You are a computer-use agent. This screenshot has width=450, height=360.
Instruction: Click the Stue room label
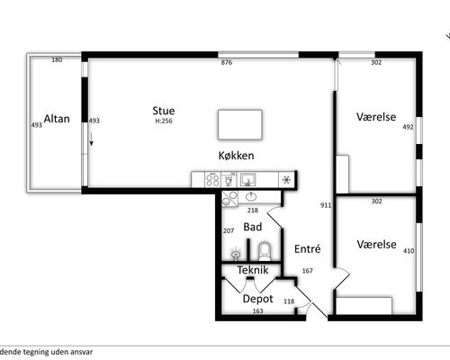[164, 111]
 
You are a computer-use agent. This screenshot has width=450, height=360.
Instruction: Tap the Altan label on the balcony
[57, 119]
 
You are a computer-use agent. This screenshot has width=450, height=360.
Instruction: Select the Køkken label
[236, 156]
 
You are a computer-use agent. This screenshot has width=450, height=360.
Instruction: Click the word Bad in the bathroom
[253, 227]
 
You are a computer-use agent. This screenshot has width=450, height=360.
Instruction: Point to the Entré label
[308, 248]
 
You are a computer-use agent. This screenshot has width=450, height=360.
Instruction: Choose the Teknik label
[253, 270]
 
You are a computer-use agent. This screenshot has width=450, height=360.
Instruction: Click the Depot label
[257, 299]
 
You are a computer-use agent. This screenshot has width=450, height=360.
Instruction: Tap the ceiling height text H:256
[164, 121]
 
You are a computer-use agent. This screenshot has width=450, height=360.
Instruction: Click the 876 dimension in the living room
[227, 62]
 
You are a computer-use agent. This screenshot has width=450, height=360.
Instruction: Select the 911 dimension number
[326, 205]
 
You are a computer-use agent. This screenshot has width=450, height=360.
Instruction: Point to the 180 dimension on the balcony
[57, 60]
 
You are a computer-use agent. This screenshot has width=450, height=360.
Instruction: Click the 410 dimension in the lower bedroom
[409, 250]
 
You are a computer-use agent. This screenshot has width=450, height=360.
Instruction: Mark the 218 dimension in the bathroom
[253, 211]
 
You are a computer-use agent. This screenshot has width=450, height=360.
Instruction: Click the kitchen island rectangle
[240, 124]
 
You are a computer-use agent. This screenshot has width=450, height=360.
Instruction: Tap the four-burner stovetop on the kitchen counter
[212, 180]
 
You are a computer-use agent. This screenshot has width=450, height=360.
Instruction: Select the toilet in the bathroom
[265, 251]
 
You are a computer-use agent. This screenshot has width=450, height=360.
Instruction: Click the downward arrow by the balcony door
[91, 139]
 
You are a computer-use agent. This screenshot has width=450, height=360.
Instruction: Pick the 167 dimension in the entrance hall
[308, 271]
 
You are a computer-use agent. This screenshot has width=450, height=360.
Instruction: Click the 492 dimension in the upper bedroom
[408, 127]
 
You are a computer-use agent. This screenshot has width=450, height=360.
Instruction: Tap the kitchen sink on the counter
[247, 180]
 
